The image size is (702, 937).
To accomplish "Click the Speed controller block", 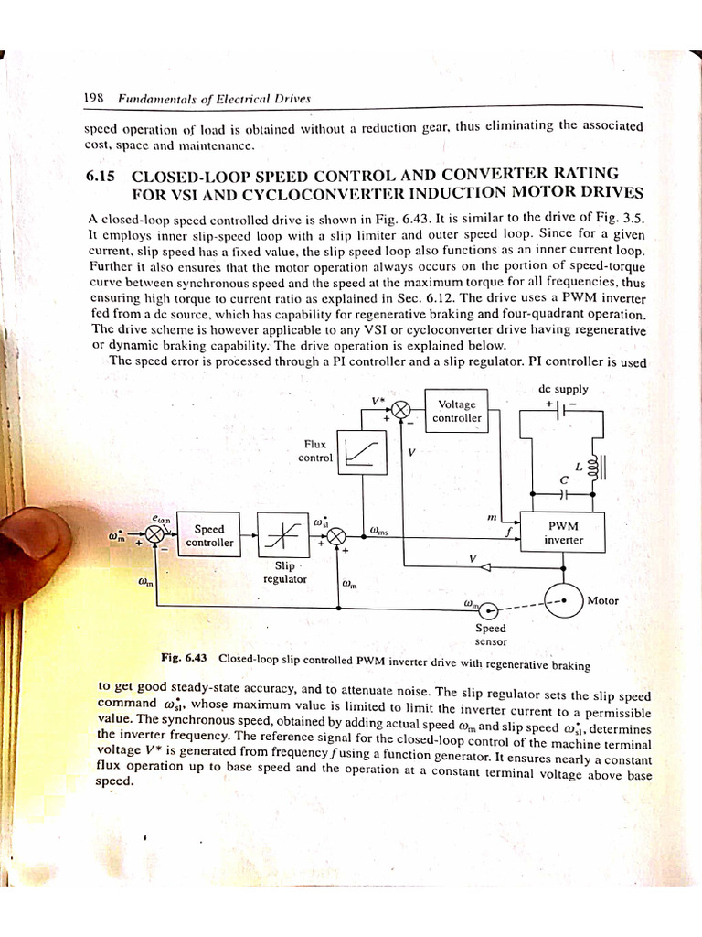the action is [x=209, y=535].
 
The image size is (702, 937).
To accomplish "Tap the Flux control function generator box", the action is [x=363, y=451].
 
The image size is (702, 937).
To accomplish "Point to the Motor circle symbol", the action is [x=563, y=600].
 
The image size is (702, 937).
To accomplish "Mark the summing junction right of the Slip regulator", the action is [x=338, y=534].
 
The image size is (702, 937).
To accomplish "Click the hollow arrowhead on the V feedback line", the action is [x=485, y=567].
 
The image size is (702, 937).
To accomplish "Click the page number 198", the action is [x=90, y=99].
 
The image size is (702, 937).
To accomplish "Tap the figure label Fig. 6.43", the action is [x=185, y=657].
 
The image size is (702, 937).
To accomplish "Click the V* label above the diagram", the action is [x=378, y=400].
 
